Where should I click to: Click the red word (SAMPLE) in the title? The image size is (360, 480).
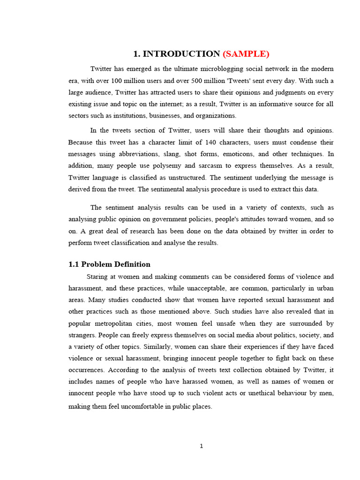pos(246,53)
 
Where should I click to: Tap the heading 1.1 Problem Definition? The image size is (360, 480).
pos(109,264)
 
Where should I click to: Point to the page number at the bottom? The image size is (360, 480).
pos(201,446)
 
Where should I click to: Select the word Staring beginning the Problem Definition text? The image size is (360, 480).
pos(97,277)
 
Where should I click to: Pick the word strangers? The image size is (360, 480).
pos(82,335)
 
